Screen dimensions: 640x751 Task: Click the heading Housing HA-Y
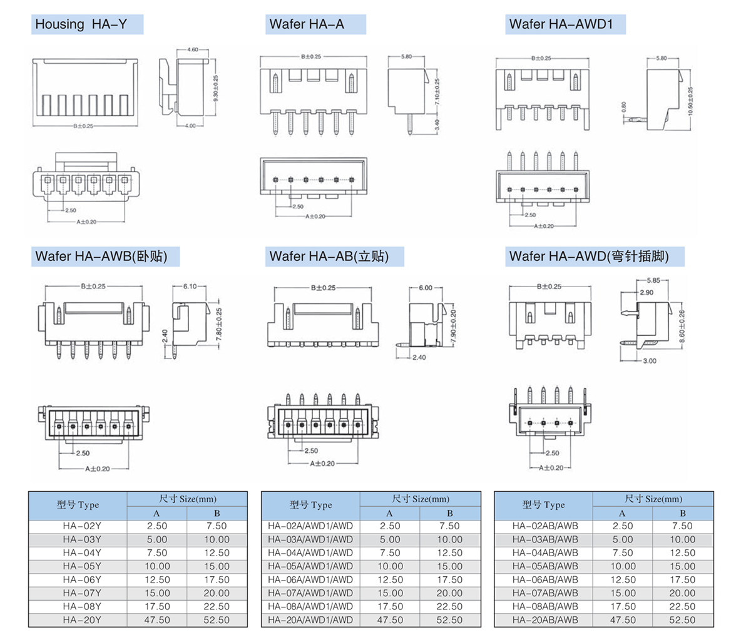[x=81, y=24]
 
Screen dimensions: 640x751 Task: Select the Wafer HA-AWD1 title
[x=561, y=24]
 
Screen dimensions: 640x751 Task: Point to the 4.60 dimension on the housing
[x=192, y=49]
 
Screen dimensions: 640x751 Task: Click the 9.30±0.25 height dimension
[x=215, y=89]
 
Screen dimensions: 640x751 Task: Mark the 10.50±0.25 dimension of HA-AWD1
[x=690, y=99]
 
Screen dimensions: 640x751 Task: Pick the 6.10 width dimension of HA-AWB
[x=189, y=286]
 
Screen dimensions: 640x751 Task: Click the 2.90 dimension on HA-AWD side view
[x=646, y=292]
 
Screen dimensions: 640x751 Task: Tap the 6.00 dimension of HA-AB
[x=425, y=288]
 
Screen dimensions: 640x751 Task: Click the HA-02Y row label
[x=82, y=526]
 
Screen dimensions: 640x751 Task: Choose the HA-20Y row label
[x=82, y=620]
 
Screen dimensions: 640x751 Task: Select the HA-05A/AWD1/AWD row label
[x=310, y=566]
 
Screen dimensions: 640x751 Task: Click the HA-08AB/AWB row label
[x=544, y=606]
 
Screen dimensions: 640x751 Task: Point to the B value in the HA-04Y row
[x=217, y=553]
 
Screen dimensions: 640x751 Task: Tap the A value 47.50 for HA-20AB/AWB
[x=623, y=620]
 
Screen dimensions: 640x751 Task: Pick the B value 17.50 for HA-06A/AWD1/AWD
[x=449, y=580]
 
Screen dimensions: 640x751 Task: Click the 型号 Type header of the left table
[x=78, y=505]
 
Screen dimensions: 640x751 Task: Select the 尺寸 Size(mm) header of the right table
[x=653, y=499]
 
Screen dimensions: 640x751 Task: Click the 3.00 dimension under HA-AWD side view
[x=649, y=361]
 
